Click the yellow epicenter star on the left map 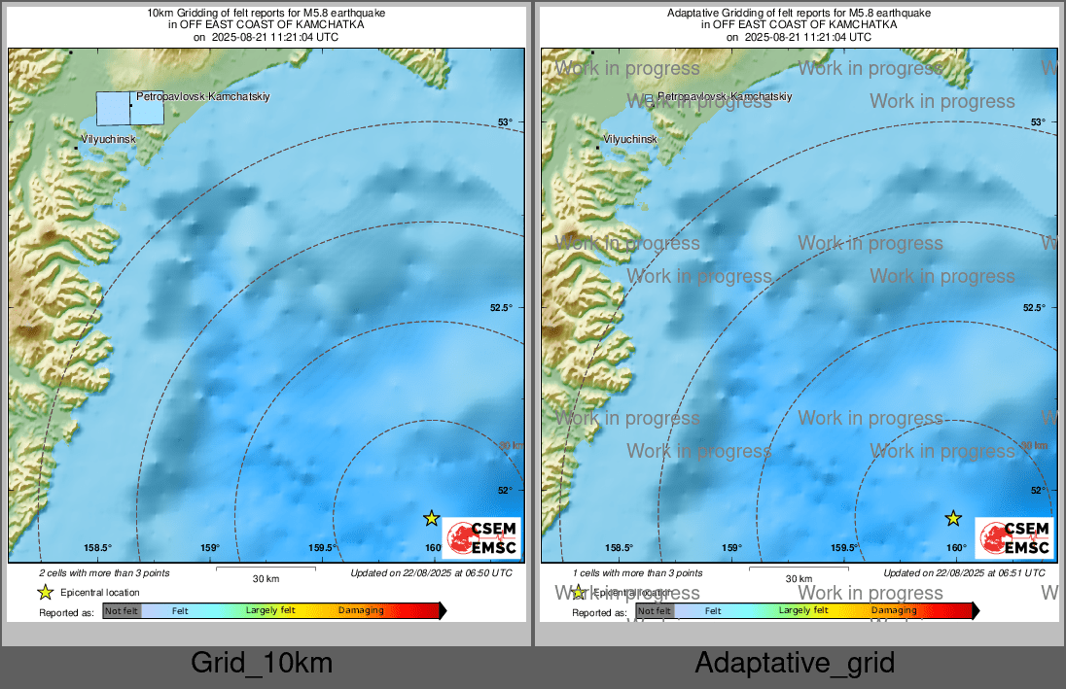(x=432, y=518)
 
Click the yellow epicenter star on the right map (x=954, y=518)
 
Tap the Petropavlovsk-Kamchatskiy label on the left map (x=202, y=97)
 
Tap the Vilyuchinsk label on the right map (x=629, y=139)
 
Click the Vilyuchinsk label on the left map (x=108, y=139)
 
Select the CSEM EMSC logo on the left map (x=482, y=537)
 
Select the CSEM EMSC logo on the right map (x=1014, y=537)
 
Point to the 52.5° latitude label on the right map (x=1033, y=307)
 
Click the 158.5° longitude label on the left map (x=98, y=548)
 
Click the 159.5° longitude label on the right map (x=844, y=548)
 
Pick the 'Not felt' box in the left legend (x=122, y=610)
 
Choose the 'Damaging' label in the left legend (x=361, y=610)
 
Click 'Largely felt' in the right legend (x=803, y=610)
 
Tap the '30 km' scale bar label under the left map (x=266, y=578)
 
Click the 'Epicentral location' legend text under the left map (x=100, y=592)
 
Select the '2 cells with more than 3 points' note (x=105, y=573)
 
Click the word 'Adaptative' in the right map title (x=693, y=13)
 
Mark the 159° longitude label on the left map (x=210, y=548)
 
